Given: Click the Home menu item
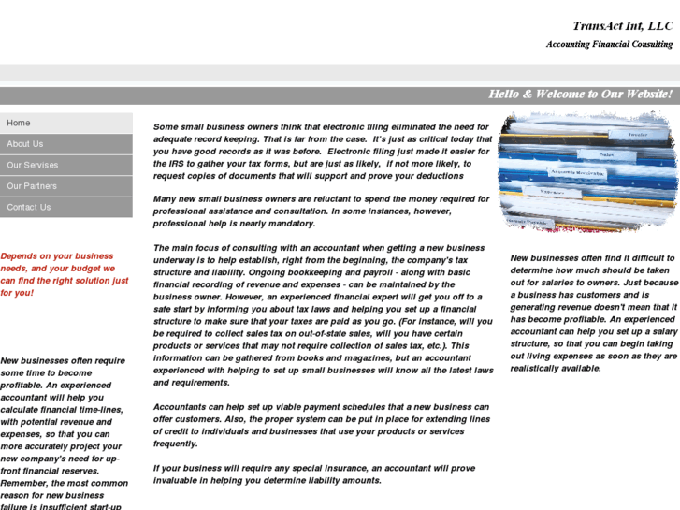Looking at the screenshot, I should coord(19,123).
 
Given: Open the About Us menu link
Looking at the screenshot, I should coord(25,144).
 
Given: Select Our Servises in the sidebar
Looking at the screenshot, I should coord(33,165).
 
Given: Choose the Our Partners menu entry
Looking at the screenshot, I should coord(32,186).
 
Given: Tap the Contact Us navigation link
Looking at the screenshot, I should coord(29,207).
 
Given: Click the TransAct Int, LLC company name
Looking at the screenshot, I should coord(622,26).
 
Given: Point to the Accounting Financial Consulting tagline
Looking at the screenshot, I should coord(609,44).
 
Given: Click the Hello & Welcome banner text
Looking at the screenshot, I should coord(580,95).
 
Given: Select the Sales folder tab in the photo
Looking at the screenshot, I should coord(607,154).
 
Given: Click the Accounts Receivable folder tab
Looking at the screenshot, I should coord(576,172).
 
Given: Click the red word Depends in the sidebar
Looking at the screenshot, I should coord(20,255).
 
